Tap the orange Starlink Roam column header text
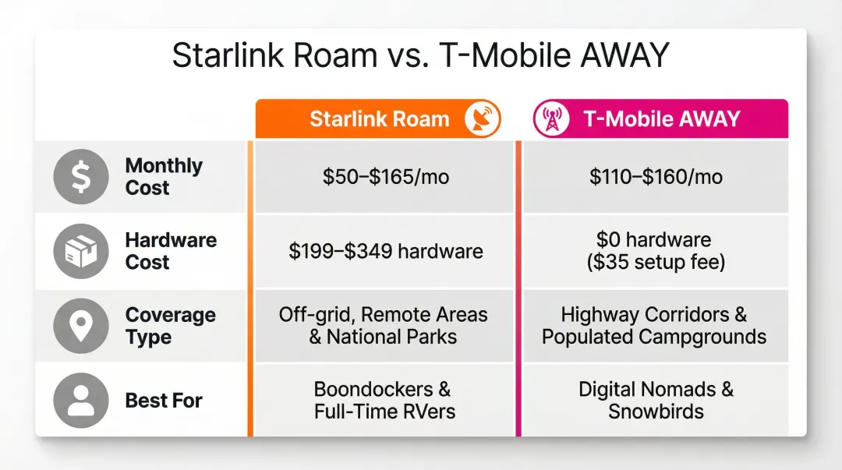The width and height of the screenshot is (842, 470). coord(380,119)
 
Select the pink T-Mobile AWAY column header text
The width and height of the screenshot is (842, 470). coord(661,119)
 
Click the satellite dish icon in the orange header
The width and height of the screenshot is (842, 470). coord(481,119)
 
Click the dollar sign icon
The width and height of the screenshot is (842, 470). coord(80,178)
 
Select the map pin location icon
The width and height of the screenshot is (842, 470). coord(80,327)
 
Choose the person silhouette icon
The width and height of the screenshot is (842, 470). coord(80,401)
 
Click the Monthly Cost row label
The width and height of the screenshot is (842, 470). coord(164,177)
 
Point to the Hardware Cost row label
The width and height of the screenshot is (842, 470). coord(169,251)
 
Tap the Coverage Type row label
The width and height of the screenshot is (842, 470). coord(170,326)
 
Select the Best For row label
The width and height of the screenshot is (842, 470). coord(164,401)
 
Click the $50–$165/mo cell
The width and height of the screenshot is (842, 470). coord(385,178)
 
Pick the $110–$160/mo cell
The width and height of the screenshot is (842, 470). coord(655,178)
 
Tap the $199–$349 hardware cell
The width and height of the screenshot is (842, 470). coord(385,252)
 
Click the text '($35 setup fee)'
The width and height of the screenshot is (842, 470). coord(655,263)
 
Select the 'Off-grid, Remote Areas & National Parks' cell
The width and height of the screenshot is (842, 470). coord(383,326)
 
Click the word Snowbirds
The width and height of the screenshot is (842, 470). coord(655,412)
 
